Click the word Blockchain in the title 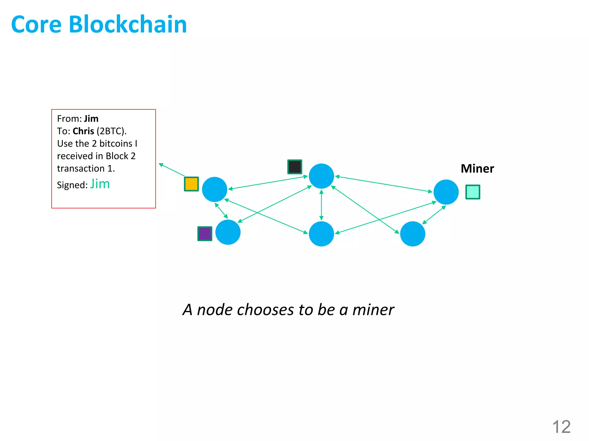tap(128, 24)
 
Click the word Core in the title tap(37, 24)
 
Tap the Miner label tap(477, 169)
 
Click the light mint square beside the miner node tap(473, 192)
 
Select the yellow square tap(191, 184)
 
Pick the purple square tap(205, 234)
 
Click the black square tap(294, 167)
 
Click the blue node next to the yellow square tap(215, 189)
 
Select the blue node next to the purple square tap(228, 232)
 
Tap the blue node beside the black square tap(321, 176)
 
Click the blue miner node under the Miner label tap(446, 192)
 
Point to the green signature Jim tap(100, 184)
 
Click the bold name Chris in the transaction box tap(83, 131)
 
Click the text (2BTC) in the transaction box tap(111, 131)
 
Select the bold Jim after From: tap(91, 119)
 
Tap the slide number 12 tap(561, 427)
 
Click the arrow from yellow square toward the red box tap(172, 170)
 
